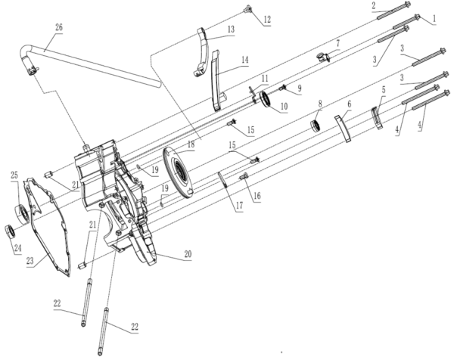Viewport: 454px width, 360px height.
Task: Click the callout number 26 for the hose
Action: coord(58,28)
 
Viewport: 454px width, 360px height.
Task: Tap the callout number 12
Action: coord(267,20)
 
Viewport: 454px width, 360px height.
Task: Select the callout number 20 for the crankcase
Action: coord(188,254)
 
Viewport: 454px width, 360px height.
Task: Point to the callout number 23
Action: coord(30,261)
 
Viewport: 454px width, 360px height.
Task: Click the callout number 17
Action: coord(239,206)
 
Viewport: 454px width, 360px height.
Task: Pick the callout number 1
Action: coord(434,19)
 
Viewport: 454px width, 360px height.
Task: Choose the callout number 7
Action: coord(337,43)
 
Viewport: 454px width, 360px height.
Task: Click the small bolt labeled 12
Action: coord(248,9)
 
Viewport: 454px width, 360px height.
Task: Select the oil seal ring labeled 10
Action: coord(266,99)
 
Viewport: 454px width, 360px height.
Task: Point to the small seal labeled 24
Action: coord(10,231)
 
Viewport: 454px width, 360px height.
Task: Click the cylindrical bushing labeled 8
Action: coord(316,126)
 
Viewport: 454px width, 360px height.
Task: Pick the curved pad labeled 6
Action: coord(343,129)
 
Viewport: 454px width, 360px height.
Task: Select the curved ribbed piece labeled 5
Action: coord(377,118)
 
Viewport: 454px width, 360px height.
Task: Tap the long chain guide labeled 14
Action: coord(216,80)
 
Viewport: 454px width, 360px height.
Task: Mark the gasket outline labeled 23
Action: coord(48,225)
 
